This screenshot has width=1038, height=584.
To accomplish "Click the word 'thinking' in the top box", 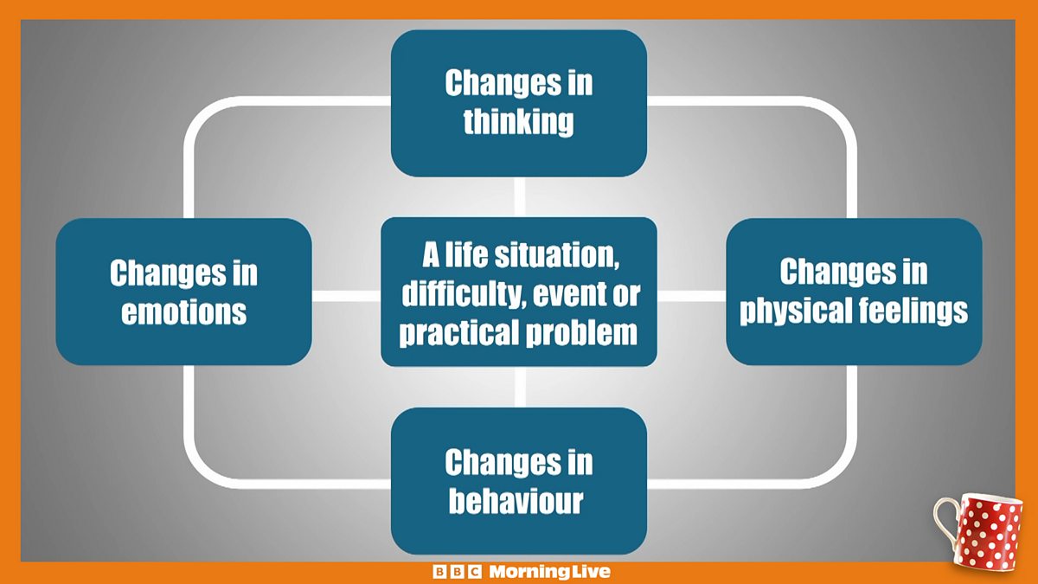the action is coord(518,121).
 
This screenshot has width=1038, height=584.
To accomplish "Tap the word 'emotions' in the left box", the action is coord(184,311).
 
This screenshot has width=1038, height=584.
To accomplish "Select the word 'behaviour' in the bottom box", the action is coord(516,501).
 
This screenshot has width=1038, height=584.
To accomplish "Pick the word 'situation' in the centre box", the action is coord(556,255).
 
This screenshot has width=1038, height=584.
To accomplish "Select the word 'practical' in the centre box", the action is coord(459,333).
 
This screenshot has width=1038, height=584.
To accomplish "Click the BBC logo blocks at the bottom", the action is coord(457,572).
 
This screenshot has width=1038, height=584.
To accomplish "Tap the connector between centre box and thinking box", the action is coord(520,197).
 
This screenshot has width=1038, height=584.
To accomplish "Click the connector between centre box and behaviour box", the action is coord(520,387).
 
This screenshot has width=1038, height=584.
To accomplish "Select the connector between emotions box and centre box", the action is coord(346,296).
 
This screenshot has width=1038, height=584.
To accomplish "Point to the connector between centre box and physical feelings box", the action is coord(691,296).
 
